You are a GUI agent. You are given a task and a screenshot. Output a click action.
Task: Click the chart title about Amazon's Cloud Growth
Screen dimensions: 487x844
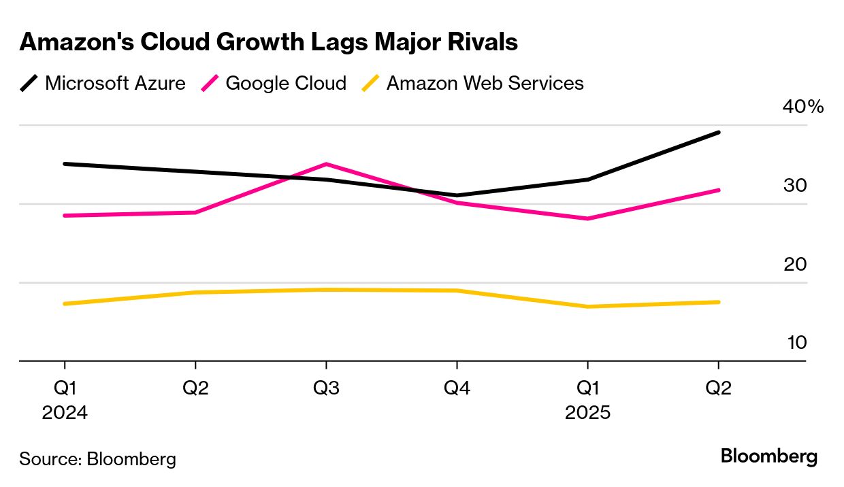268,42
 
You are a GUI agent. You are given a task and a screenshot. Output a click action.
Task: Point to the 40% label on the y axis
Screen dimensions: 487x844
803,107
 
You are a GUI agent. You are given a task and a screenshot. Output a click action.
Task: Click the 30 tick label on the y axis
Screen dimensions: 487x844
795,185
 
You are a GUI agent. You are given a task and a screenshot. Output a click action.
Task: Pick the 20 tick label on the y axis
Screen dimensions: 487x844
795,264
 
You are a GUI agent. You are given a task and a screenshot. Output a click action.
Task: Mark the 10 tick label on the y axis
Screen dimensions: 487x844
796,342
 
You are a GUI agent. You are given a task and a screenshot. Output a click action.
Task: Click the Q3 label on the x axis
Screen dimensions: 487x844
326,388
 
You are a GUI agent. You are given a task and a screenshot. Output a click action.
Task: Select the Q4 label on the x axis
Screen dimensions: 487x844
457,388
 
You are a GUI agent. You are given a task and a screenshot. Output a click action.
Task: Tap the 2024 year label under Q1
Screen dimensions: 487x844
65,413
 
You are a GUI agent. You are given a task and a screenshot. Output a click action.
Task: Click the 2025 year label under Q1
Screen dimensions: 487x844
587,413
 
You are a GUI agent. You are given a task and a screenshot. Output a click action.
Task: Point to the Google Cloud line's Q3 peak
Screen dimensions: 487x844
326,164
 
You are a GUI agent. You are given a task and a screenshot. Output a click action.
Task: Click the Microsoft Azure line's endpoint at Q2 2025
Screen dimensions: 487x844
719,132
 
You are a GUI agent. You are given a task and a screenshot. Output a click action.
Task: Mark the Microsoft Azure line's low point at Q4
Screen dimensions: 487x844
457,195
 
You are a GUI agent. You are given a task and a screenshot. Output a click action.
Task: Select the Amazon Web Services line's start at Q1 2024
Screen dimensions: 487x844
65,303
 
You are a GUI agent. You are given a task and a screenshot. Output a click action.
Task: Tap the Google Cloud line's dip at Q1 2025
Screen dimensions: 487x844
587,218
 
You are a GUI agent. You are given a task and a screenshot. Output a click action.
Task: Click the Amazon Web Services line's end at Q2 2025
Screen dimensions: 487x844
719,302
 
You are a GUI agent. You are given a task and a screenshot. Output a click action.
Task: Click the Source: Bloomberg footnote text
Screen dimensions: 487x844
97,459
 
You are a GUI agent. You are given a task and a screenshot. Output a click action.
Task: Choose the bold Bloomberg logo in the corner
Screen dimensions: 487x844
769,456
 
